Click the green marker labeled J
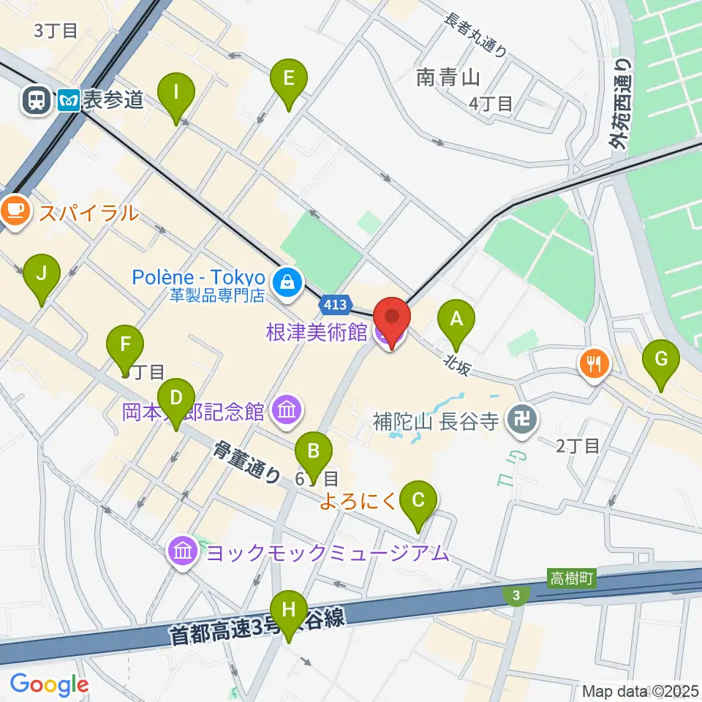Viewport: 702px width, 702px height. (42, 278)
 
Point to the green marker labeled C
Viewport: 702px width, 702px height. (418, 505)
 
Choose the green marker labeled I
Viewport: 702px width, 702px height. (175, 97)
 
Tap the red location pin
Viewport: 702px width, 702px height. (391, 321)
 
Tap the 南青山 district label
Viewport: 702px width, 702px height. (448, 77)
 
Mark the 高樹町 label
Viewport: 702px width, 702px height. (572, 578)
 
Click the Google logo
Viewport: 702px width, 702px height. (49, 684)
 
